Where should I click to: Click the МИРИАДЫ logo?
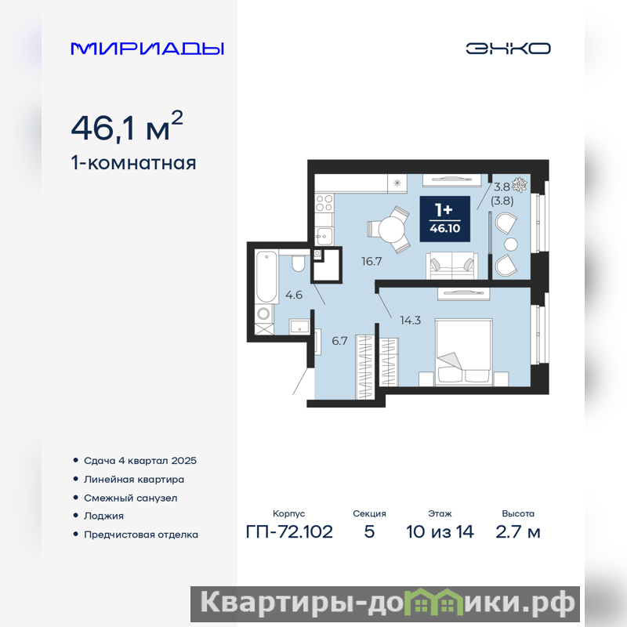[x=147, y=49]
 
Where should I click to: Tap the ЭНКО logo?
[x=508, y=49]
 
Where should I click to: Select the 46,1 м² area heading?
[x=127, y=126]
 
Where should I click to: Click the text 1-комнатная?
[x=133, y=163]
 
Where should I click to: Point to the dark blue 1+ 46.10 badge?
[x=444, y=219]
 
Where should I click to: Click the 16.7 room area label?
[x=371, y=262]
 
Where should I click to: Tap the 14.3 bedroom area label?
[x=410, y=321]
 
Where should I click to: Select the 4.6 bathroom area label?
[x=293, y=295]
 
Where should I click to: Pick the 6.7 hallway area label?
[x=339, y=341]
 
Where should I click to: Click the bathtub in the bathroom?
[x=266, y=277]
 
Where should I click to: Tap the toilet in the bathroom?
[x=299, y=263]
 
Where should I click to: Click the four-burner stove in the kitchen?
[x=324, y=203]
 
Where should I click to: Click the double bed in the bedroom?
[x=463, y=352]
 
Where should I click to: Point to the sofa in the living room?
[x=451, y=266]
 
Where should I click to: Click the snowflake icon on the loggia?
[x=520, y=184]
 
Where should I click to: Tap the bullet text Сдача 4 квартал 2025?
[x=140, y=461]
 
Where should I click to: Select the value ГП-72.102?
[x=289, y=532]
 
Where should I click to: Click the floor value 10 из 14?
[x=440, y=532]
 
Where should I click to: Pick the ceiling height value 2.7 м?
[x=518, y=532]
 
